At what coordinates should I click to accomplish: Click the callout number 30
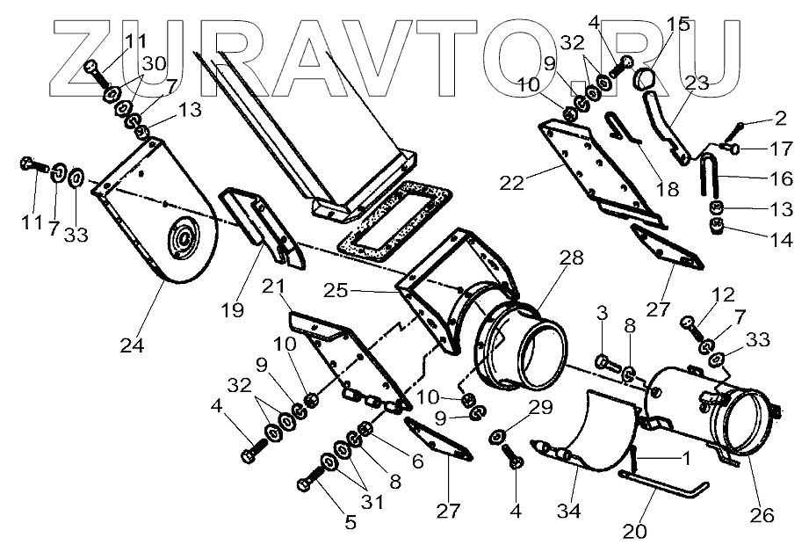[x=153, y=63]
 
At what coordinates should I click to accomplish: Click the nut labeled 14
[x=717, y=230]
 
